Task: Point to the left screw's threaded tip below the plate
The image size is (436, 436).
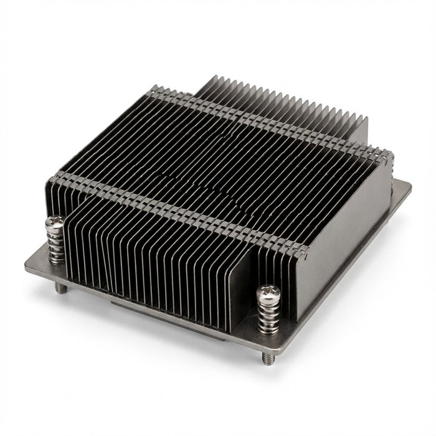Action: coord(60,287)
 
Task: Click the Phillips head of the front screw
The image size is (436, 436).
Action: coord(269,292)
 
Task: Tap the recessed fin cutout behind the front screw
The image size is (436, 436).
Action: coord(249,280)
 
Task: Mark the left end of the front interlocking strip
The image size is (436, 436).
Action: coord(55,177)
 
